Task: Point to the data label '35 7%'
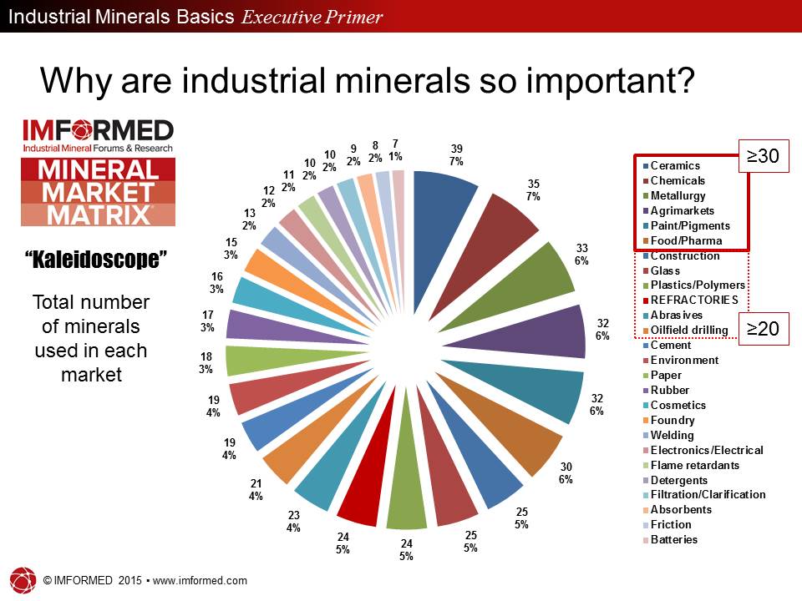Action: coord(532,189)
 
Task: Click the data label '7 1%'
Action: coord(395,149)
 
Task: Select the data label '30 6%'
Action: coord(566,473)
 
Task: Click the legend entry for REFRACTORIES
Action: coord(693,300)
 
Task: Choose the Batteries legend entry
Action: coord(673,540)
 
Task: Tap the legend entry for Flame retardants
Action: coord(693,465)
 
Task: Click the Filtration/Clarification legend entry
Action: coord(708,495)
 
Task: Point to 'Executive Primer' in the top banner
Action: coord(312,17)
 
